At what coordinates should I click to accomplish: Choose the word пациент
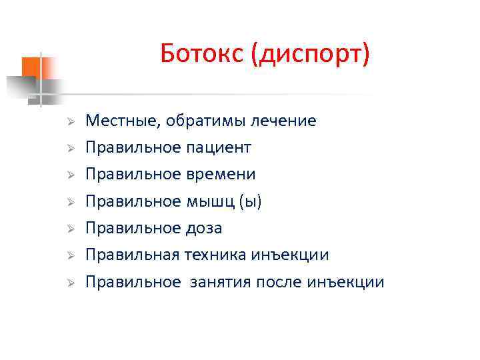tap(219, 147)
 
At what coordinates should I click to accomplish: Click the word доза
tap(203, 228)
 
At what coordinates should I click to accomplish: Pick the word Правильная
tap(132, 255)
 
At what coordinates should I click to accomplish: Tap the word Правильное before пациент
tap(133, 147)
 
